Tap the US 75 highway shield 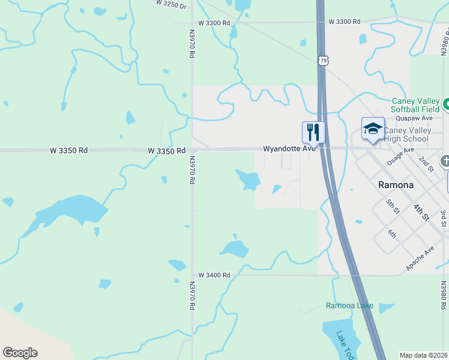tap(324, 61)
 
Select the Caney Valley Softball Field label tap(415, 105)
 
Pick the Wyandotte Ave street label tap(289, 148)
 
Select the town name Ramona tap(396, 185)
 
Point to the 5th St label tap(393, 206)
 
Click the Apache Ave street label tap(420, 258)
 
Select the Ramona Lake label tap(349, 306)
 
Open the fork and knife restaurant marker tap(313, 131)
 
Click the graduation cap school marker tap(373, 128)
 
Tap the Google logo tap(20, 353)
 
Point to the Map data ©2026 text tap(424, 355)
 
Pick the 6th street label tap(392, 234)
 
